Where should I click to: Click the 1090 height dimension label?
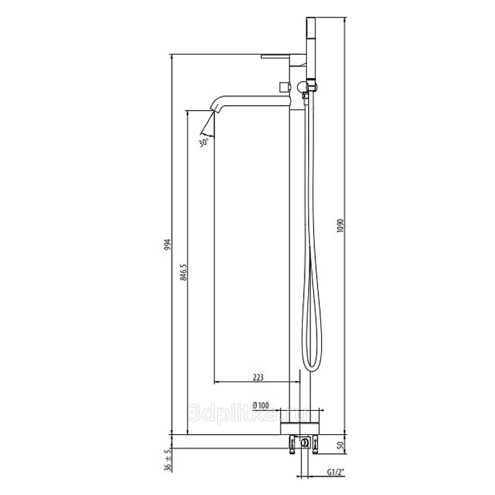point(340,226)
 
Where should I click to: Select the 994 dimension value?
point(168,244)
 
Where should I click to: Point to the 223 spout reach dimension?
point(258,377)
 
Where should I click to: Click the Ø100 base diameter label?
point(260,405)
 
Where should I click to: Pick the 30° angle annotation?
point(204,143)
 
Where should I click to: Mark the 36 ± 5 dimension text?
point(168,460)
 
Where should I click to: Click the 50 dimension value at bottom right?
point(340,445)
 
